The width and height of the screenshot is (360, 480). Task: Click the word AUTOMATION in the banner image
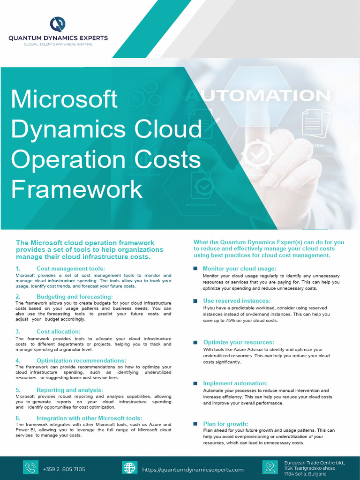coord(257,96)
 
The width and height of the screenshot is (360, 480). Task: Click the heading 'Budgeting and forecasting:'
coord(75,297)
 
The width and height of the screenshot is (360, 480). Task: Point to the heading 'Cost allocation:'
coord(58,331)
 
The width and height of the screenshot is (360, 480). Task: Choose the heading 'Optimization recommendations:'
coord(81,360)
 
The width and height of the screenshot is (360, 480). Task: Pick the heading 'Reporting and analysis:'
coord(69,390)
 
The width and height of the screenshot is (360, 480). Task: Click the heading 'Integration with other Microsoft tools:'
coord(89,418)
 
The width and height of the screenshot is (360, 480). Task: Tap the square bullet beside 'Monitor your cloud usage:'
coord(195,269)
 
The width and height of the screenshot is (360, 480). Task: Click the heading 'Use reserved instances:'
coord(237,300)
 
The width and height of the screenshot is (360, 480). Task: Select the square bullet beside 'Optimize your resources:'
coord(195,343)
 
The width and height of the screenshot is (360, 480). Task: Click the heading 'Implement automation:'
coord(235,383)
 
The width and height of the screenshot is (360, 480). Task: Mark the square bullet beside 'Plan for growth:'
coord(195,424)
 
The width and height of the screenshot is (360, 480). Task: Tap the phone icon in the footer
coord(30,468)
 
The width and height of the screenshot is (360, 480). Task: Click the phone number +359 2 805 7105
coord(64,469)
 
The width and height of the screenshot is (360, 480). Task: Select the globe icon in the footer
coord(129,468)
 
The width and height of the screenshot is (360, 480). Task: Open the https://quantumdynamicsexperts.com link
coord(193,470)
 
